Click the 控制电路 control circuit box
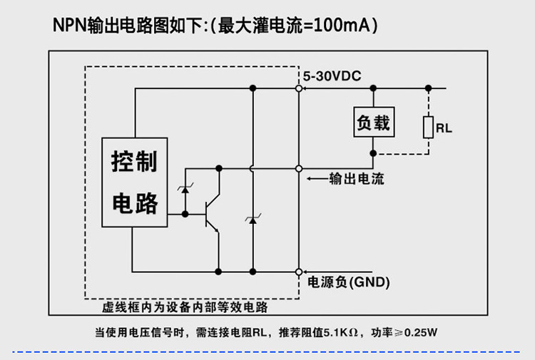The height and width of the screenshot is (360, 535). [x=134, y=182]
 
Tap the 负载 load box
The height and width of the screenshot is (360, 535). [x=374, y=122]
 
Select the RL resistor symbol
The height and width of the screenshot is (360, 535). [x=428, y=127]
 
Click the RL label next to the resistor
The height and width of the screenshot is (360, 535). [x=444, y=128]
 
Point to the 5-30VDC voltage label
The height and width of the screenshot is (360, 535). [x=332, y=76]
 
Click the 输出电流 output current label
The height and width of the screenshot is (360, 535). [x=357, y=179]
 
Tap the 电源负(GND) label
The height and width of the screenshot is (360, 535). [x=348, y=282]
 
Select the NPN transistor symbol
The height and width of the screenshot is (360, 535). [x=213, y=215]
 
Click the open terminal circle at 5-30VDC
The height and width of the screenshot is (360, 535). [x=299, y=88]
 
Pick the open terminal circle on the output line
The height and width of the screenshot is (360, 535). [x=299, y=169]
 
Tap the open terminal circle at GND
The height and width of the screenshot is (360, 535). [x=299, y=272]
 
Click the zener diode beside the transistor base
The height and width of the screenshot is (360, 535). [x=185, y=189]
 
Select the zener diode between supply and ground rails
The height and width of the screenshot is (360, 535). [x=253, y=220]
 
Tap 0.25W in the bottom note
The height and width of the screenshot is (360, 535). [x=421, y=332]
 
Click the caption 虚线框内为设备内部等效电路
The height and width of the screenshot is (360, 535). [x=185, y=307]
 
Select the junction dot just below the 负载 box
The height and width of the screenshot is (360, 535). [x=373, y=153]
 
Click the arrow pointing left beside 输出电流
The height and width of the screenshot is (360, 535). [x=317, y=179]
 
